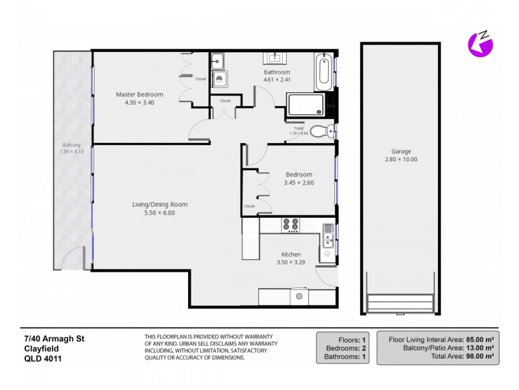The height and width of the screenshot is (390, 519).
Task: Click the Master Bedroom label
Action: tap(139, 94)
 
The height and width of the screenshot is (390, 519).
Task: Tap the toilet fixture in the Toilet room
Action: tap(319, 131)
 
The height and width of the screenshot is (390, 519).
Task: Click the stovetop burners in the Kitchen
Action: tap(291, 225)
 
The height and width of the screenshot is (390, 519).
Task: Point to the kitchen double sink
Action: tap(327, 246)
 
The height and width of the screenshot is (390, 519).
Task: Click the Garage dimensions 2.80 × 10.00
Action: tap(401, 159)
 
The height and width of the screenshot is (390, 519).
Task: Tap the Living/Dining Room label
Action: tap(160, 205)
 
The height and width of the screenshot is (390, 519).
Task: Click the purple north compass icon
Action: tap(480, 44)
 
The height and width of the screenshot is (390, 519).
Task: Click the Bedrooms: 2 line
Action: tap(344, 348)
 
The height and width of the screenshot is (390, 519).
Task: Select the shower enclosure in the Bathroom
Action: tap(305, 105)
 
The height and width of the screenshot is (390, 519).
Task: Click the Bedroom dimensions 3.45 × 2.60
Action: tap(298, 183)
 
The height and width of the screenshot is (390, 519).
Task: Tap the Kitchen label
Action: tap(290, 253)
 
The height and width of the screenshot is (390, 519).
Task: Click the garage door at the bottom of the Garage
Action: tap(400, 302)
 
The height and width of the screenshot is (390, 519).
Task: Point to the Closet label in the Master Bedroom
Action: tap(200, 79)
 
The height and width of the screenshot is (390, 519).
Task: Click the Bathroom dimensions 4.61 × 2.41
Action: tap(276, 80)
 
